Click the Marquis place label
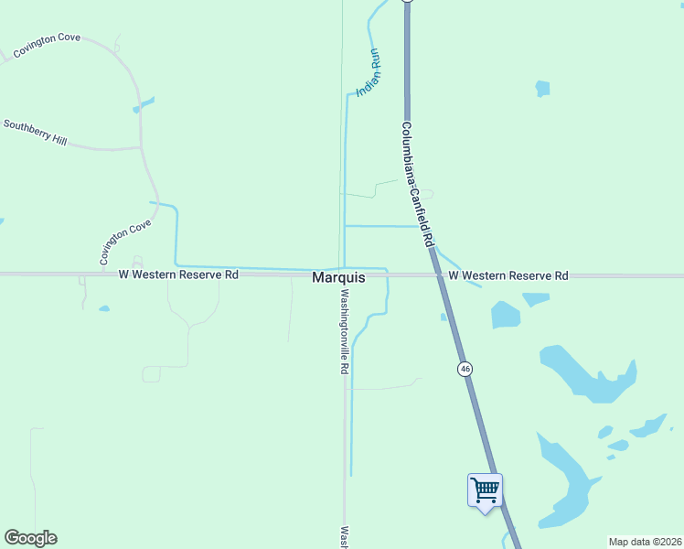click(339, 276)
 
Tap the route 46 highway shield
click(465, 369)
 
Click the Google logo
click(30, 538)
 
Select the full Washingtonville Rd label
click(345, 331)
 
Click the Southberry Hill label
click(35, 132)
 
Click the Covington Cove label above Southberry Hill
click(47, 45)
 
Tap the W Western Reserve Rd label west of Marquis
click(178, 274)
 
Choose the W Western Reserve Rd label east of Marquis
click(508, 275)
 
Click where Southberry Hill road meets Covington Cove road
click(141, 146)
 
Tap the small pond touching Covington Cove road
click(143, 105)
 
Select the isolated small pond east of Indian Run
click(542, 89)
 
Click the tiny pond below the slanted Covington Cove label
click(103, 308)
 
